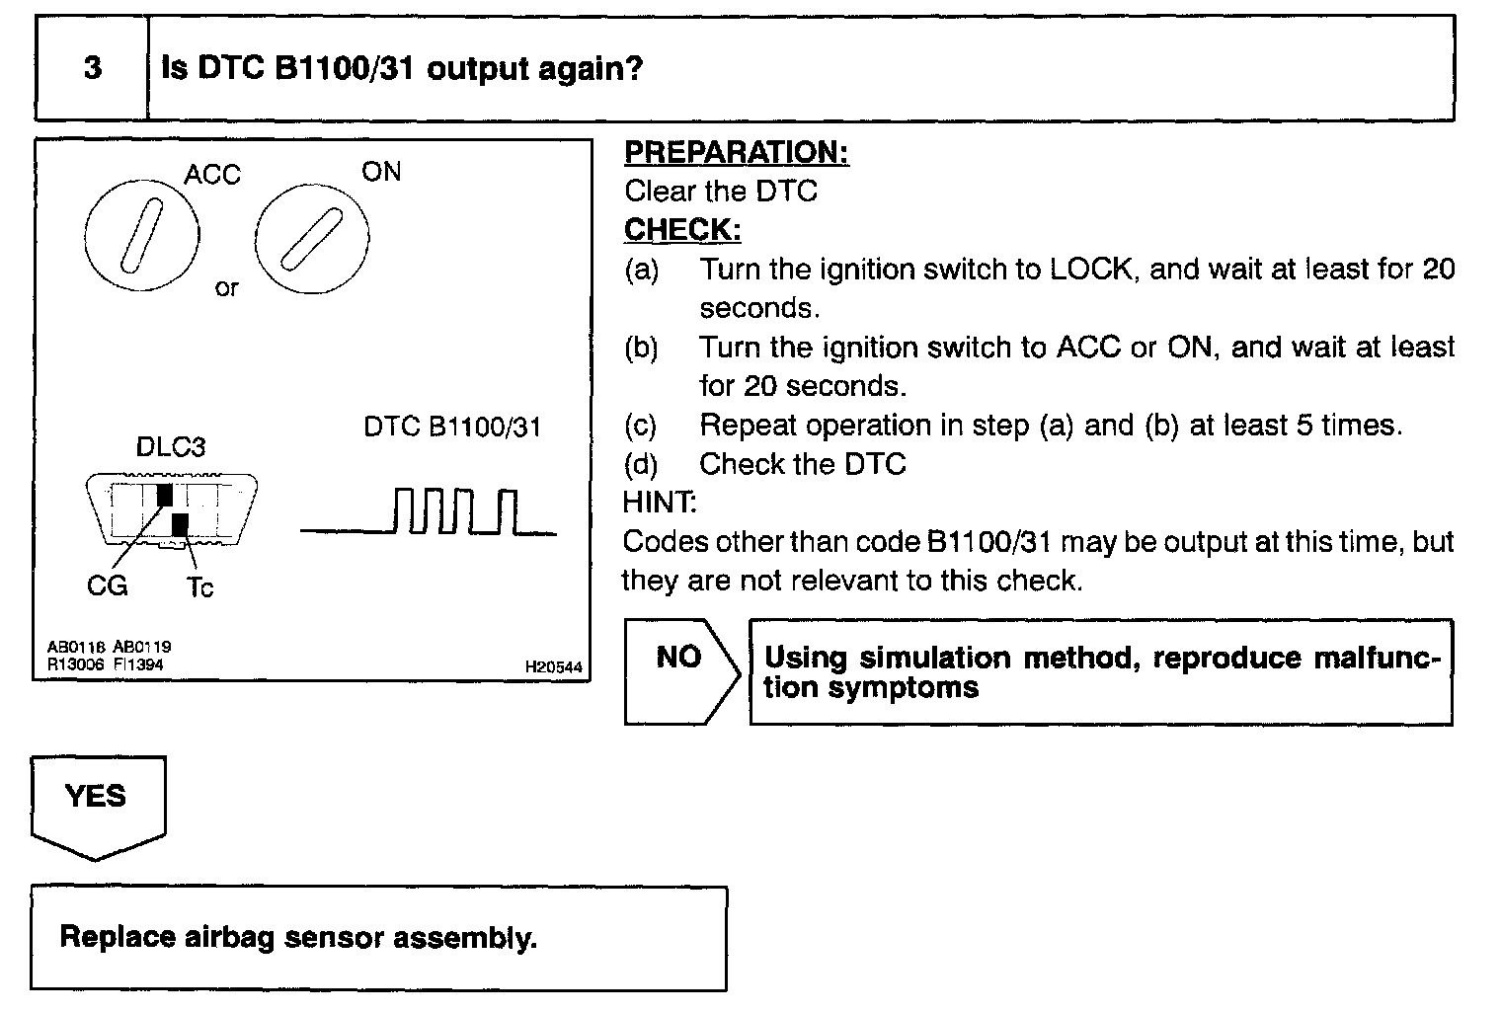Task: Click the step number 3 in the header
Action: [92, 68]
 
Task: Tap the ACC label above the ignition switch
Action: [212, 175]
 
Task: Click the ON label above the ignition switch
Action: [381, 172]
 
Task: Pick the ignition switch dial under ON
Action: [312, 238]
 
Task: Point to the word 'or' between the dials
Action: [226, 288]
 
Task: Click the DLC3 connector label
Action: [171, 447]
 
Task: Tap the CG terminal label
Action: [107, 586]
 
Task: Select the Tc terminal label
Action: [199, 587]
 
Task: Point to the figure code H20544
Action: [553, 667]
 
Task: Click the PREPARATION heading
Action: [737, 152]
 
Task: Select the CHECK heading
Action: [682, 229]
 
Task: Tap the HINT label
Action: [660, 503]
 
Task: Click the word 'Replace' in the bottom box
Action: [118, 936]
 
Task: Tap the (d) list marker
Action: [641, 464]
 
